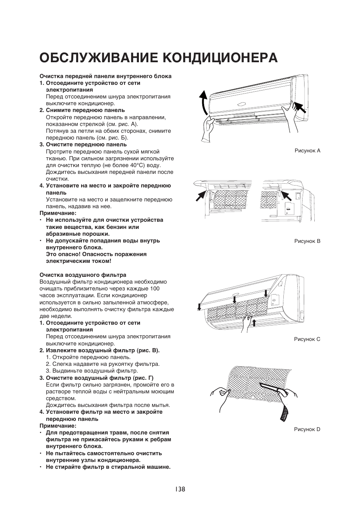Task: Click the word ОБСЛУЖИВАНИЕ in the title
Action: click(x=98, y=57)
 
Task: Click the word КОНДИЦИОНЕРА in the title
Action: click(x=220, y=57)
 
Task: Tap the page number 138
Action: click(x=180, y=489)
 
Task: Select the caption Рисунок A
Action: click(x=307, y=150)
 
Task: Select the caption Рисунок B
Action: click(x=307, y=241)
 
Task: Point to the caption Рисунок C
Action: click(x=307, y=339)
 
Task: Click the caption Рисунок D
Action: click(x=307, y=429)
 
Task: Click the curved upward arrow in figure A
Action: click(x=204, y=102)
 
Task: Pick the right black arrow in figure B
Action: click(x=288, y=196)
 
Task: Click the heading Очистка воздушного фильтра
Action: click(x=83, y=275)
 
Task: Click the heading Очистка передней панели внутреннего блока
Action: click(x=106, y=76)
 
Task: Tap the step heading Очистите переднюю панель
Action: click(x=86, y=144)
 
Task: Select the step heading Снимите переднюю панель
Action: click(x=85, y=110)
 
